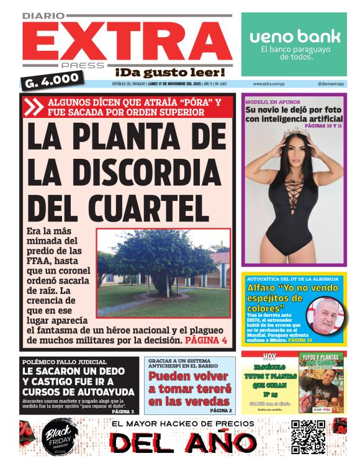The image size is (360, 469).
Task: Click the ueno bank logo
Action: pos(295,36)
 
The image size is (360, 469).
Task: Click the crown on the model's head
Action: pos(295,131)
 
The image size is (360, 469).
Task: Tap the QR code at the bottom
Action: pos(308,436)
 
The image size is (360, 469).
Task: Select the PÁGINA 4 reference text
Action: pos(206,341)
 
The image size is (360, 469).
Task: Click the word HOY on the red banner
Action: pos(269,356)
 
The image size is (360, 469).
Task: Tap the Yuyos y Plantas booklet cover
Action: pos(321,383)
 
